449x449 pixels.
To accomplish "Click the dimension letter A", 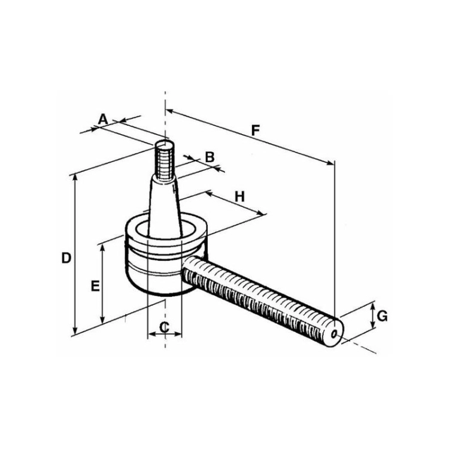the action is click(x=103, y=119).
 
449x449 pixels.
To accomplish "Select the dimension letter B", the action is click(x=210, y=157).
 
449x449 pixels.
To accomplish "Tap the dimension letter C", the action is click(x=165, y=327).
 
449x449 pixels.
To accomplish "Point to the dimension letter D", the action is click(x=66, y=258).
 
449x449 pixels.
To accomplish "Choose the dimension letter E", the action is click(x=95, y=286).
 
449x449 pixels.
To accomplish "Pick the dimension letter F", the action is click(x=255, y=131).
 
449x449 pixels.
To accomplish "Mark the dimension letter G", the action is click(x=383, y=316).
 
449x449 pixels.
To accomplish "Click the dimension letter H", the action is click(x=239, y=197).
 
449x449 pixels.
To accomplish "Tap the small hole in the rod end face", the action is click(x=334, y=334).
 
